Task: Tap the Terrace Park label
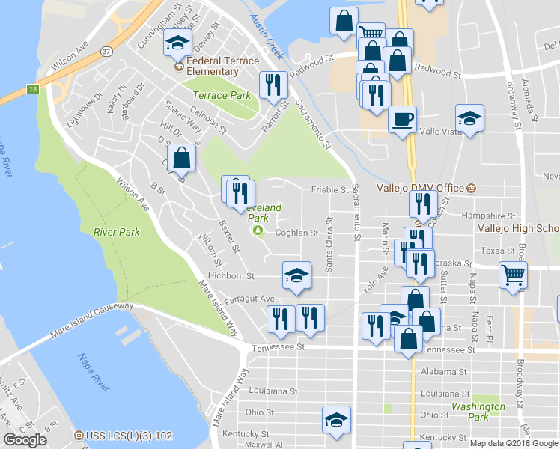(222, 96)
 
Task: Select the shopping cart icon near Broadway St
(514, 275)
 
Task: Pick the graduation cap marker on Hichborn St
(296, 275)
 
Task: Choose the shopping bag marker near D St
(181, 158)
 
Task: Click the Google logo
(25, 439)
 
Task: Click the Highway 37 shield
(108, 52)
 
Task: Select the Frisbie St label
(330, 190)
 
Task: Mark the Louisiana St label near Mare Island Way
(273, 391)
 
